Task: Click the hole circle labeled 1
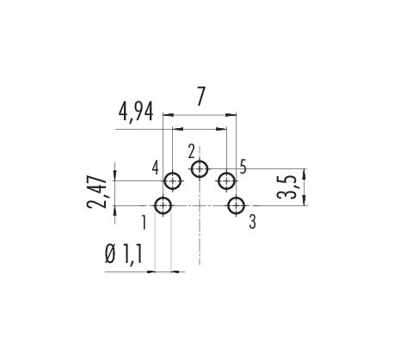click(155, 205)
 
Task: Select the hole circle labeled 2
click(191, 169)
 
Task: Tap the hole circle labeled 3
click(228, 205)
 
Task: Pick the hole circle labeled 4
click(164, 181)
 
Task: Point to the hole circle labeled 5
click(219, 181)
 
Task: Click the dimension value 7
click(200, 96)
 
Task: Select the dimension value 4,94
click(136, 112)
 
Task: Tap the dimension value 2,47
click(97, 191)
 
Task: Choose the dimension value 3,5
click(286, 187)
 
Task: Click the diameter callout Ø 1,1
click(124, 254)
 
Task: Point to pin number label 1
click(144, 223)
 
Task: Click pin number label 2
click(192, 152)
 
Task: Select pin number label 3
click(252, 222)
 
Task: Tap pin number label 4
click(155, 168)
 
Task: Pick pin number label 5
click(243, 167)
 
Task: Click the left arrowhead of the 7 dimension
click(169, 115)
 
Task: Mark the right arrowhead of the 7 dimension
click(231, 115)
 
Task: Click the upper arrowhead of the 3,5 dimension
click(305, 174)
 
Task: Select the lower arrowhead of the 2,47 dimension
click(115, 211)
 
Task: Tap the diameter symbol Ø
click(110, 254)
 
